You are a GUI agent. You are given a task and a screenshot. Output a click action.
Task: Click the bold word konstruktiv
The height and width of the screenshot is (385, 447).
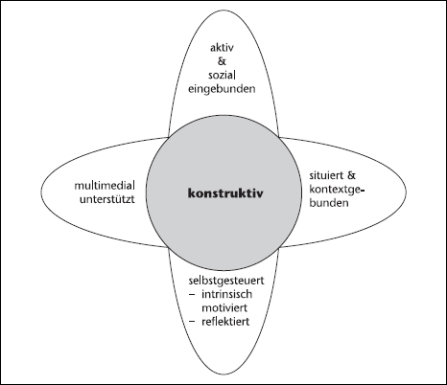(x=225, y=193)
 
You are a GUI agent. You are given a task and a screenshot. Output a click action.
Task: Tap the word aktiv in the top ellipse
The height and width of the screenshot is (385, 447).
(x=222, y=48)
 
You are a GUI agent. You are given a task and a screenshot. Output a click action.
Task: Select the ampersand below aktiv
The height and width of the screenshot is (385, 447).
(x=222, y=61)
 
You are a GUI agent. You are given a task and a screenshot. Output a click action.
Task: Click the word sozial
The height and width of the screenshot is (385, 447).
(x=222, y=76)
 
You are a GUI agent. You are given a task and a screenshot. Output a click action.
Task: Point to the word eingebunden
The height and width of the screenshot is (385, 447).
(x=222, y=89)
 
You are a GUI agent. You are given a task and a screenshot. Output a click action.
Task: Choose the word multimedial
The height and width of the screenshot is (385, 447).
(x=105, y=186)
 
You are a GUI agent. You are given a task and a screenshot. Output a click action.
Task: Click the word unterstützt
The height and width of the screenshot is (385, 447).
(x=107, y=199)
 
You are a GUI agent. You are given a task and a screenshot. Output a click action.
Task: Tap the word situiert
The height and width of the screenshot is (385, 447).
(x=326, y=175)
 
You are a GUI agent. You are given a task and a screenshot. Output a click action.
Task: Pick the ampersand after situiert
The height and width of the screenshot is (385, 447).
(x=351, y=175)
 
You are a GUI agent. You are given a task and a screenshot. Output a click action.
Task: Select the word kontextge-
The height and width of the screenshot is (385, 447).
(x=338, y=190)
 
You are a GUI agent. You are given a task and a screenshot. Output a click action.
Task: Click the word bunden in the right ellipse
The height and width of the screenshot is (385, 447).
(x=329, y=203)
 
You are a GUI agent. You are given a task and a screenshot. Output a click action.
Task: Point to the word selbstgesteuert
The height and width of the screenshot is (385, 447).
(x=226, y=281)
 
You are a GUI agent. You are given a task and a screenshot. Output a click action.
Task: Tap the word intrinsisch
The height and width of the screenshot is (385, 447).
(x=226, y=294)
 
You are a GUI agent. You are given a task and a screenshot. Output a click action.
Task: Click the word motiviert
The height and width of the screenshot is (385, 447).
(x=224, y=307)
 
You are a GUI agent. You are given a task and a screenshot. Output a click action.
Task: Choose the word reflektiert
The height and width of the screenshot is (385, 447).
(x=225, y=321)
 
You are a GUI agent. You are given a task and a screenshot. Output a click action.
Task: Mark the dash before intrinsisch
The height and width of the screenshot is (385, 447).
(x=192, y=294)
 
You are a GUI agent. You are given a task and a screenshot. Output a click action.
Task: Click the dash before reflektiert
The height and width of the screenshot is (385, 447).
(x=192, y=322)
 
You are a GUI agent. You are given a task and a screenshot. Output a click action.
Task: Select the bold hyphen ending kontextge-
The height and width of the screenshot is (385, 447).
(x=363, y=191)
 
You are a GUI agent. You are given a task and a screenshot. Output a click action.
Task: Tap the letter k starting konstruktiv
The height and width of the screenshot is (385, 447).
(x=192, y=193)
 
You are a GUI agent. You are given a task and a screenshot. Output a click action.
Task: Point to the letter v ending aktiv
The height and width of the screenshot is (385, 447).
(x=231, y=49)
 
